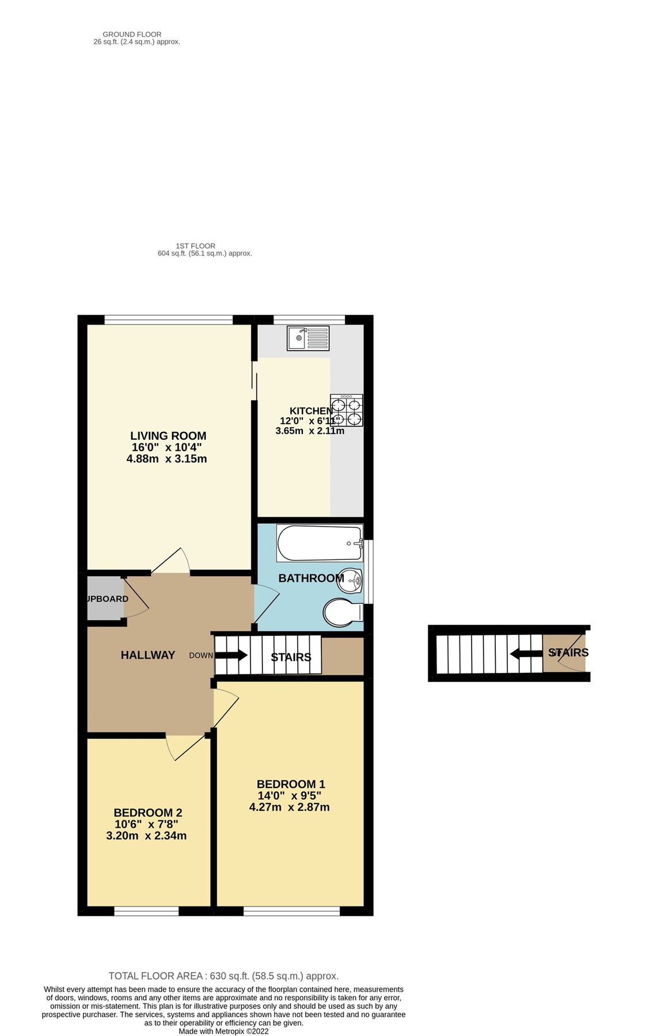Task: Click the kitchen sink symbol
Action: [x=308, y=338]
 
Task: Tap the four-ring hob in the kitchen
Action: [x=347, y=410]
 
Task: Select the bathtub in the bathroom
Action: [x=320, y=543]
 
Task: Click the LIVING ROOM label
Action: [x=168, y=436]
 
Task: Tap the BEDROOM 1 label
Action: [x=291, y=784]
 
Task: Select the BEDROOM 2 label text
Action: [x=148, y=813]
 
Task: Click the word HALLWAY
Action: [x=147, y=655]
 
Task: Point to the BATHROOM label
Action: [x=311, y=578]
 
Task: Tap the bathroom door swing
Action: [x=266, y=604]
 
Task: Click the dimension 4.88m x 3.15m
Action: [x=166, y=459]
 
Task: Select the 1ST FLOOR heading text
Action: [x=195, y=246]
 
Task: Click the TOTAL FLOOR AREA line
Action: [x=223, y=976]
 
